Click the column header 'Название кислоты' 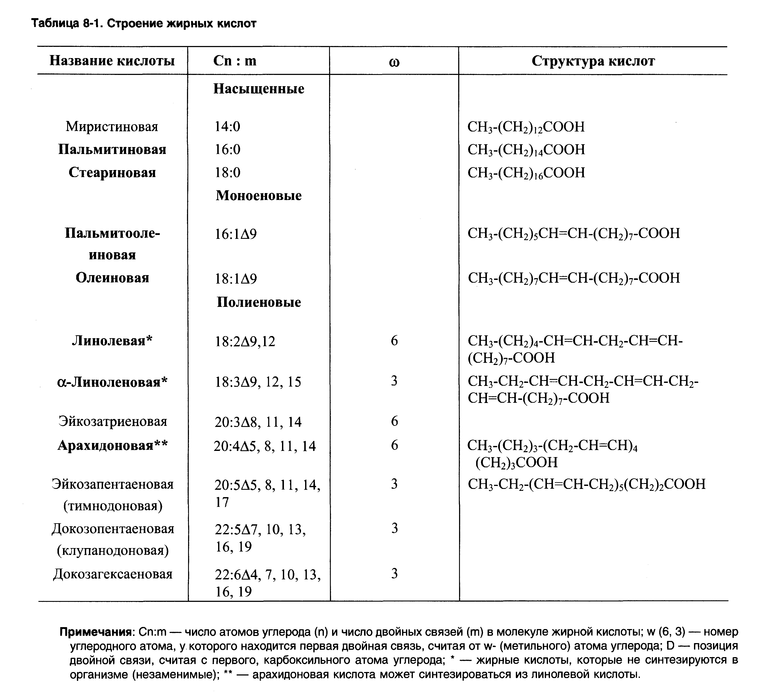(112, 61)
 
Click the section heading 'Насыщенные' (258, 89)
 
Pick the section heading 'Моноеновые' (258, 195)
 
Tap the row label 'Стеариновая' (112, 172)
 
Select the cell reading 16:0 (228, 150)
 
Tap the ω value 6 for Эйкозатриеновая (394, 421)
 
